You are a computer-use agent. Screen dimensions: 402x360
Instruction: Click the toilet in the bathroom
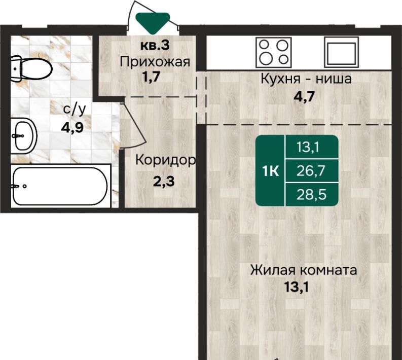[31, 69]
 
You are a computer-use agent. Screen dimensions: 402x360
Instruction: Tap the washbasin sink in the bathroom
[24, 136]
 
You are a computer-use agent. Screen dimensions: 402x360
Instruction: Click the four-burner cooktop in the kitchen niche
[274, 52]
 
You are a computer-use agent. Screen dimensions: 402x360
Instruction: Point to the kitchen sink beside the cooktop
[341, 52]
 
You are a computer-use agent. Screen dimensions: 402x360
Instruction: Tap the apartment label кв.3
[155, 46]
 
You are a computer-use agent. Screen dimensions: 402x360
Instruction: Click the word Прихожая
[155, 62]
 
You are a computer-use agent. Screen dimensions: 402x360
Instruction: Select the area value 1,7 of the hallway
[151, 77]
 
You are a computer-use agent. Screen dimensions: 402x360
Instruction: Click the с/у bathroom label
[75, 110]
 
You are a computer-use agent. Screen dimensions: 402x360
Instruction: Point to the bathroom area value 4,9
[72, 127]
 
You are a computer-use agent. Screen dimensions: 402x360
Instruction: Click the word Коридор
[165, 161]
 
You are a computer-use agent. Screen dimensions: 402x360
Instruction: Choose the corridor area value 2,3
[164, 182]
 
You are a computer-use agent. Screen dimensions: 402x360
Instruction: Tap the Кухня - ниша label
[306, 79]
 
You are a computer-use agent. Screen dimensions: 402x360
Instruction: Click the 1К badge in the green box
[271, 171]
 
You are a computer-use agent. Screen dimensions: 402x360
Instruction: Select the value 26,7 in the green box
[311, 171]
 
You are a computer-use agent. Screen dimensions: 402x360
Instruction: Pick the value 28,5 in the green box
[311, 195]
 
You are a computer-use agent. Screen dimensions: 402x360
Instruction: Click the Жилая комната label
[304, 270]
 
